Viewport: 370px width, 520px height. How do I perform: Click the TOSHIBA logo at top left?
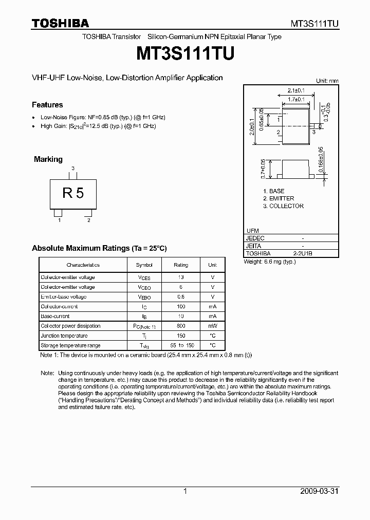coord(60,23)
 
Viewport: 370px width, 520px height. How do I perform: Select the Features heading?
coord(47,105)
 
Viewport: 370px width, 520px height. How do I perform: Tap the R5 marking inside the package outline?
coord(73,193)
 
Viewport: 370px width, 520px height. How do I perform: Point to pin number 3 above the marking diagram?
coord(73,169)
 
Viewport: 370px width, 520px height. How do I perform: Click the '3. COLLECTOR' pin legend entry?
coord(283,206)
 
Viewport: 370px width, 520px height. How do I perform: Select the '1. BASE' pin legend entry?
coord(273,191)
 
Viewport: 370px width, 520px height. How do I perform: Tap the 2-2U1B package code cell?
coord(303,254)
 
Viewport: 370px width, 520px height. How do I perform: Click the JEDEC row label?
coord(255,238)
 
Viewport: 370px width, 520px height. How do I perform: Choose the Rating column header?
coord(181,265)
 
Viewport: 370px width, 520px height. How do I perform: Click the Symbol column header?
coord(144,265)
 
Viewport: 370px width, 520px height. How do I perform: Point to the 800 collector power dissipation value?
coord(181,326)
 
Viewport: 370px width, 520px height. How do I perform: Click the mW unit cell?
coord(212,326)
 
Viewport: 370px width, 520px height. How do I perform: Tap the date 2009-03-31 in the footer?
coord(318,492)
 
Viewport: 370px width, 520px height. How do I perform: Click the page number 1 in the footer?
coord(185,492)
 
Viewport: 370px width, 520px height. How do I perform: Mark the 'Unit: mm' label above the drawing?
coord(327,81)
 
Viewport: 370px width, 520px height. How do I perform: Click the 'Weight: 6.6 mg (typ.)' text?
coord(270,262)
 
